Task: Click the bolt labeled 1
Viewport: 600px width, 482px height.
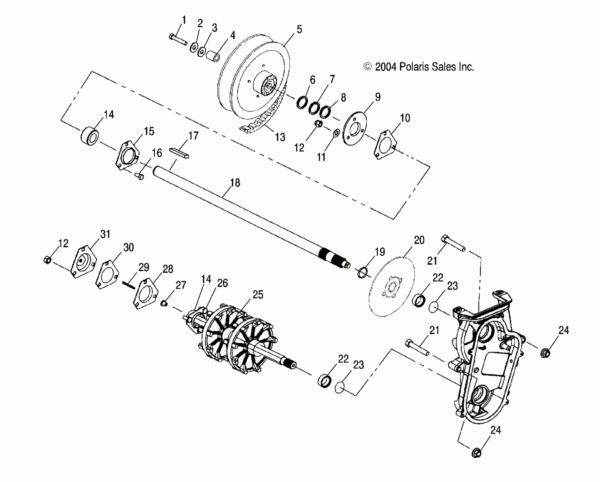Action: pos(178,40)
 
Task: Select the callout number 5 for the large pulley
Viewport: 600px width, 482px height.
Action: pos(299,29)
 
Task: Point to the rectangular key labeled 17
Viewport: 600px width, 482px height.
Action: pos(179,153)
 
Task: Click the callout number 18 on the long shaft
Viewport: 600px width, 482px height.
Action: pos(235,183)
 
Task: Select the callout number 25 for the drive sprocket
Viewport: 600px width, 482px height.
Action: pos(258,295)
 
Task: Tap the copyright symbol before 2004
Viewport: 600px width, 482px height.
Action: pos(367,67)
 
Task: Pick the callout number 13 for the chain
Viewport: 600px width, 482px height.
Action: pos(280,137)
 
